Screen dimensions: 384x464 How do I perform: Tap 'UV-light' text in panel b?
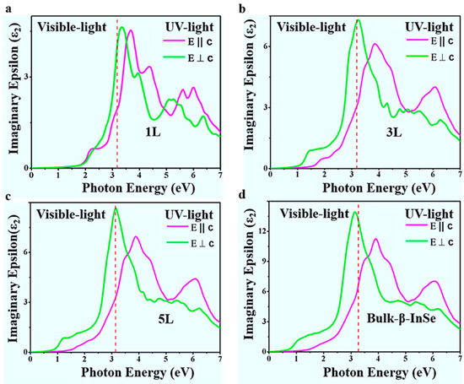429,26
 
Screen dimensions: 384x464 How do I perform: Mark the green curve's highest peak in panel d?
354,212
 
